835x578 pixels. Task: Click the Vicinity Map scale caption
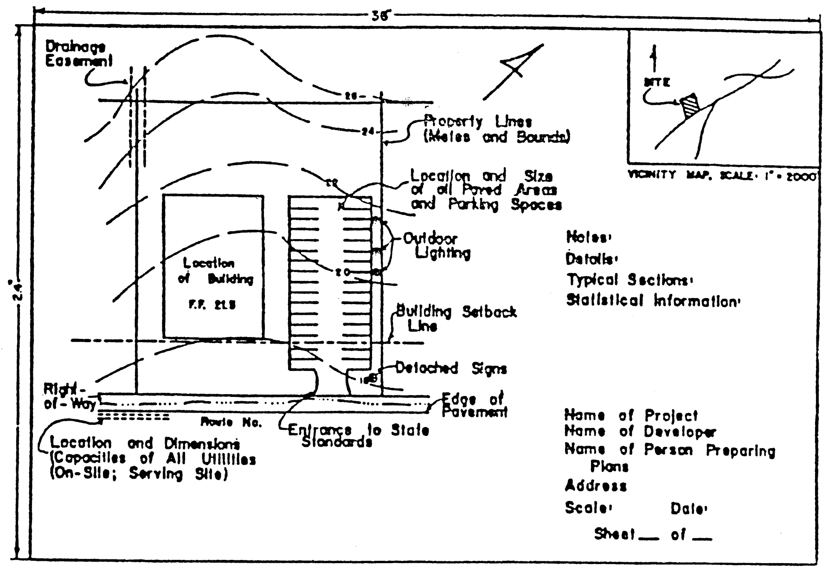point(722,176)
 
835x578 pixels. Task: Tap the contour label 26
point(351,96)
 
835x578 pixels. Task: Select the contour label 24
point(367,132)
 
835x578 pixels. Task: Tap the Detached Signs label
point(450,369)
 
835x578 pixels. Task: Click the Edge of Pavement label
point(473,405)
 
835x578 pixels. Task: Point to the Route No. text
point(231,422)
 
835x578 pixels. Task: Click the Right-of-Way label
point(70,396)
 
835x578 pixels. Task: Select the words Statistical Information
point(652,301)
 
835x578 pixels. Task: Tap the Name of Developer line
point(640,432)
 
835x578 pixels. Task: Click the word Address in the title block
point(596,486)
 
